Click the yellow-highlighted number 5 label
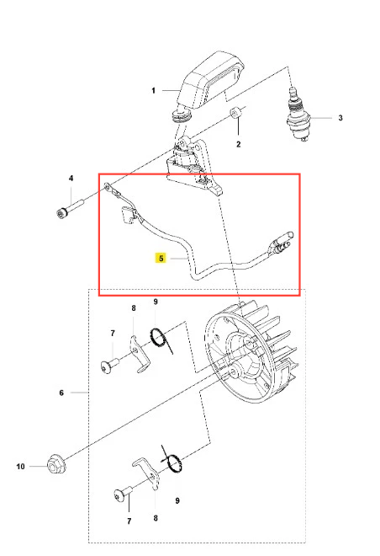coord(161,258)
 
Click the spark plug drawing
coord(298,115)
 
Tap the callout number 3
coord(340,118)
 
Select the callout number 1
coord(153,91)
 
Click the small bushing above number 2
coord(235,112)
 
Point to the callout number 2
coord(239,144)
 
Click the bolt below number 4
coord(70,209)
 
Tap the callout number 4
coord(71,178)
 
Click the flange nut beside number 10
coord(56,464)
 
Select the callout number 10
coord(20,467)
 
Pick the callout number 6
coord(61,393)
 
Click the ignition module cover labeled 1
coord(208,82)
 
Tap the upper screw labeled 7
coord(109,366)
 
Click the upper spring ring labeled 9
coord(160,338)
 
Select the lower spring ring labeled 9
coord(172,462)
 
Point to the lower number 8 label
coord(156,518)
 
